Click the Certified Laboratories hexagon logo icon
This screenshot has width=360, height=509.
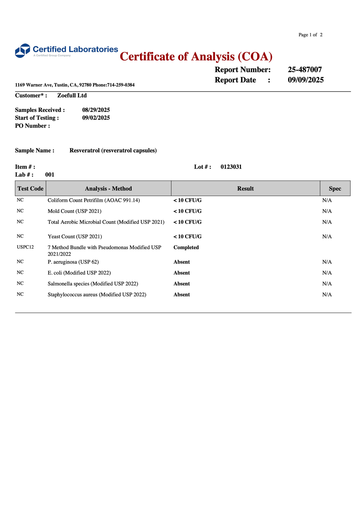point(23,51)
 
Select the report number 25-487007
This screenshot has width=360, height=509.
point(305,70)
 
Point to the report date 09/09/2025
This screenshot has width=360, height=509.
point(306,80)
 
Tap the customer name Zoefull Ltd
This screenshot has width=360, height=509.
point(72,96)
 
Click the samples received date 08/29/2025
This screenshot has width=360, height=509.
point(96,110)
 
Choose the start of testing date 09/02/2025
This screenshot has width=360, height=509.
point(96,118)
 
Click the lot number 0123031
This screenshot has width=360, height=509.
point(231,167)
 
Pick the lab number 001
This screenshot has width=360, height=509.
point(50,175)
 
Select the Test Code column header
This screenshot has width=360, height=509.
point(30,189)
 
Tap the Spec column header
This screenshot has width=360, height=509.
point(335,189)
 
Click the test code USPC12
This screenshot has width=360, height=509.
point(25,247)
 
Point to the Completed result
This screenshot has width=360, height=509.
point(186,248)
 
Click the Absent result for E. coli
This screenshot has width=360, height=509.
point(182,273)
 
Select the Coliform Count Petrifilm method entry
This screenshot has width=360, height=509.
point(94,200)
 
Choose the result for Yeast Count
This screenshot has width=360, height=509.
point(187,237)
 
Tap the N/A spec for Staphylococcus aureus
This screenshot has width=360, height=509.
point(327,294)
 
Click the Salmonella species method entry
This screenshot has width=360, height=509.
point(93,284)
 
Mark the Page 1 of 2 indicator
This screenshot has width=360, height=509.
point(310,35)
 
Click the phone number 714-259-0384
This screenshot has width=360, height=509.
point(121,85)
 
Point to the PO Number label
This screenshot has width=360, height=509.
point(32,126)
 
